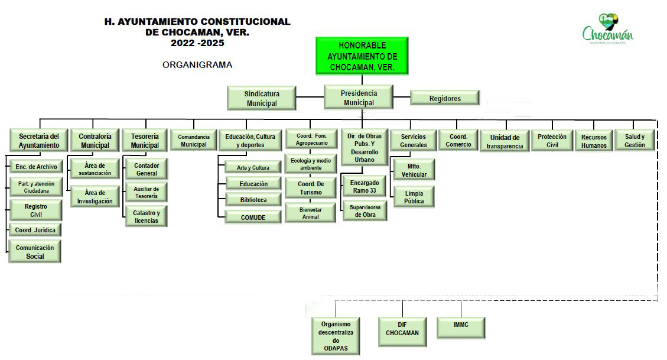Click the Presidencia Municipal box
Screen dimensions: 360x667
pos(359,98)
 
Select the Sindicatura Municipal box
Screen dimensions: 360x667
pos(262,98)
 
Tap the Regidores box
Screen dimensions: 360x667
pos(445,98)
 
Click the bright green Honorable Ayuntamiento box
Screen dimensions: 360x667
pos(362,56)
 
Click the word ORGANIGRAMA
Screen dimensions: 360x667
pos(197,65)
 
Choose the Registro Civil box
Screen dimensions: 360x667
pos(35,210)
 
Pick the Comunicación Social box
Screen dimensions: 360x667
pos(35,252)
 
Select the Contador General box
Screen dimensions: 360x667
pos(146,170)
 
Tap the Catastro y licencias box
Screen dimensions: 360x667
pos(146,217)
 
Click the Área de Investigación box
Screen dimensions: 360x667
pos(95,197)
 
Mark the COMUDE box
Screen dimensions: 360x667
pos(253,218)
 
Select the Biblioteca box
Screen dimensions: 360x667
pos(253,200)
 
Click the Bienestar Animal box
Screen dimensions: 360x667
pos(310,213)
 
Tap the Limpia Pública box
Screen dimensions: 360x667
pos(414,197)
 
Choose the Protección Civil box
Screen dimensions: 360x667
pos(552,141)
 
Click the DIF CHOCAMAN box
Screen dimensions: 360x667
pos(402,329)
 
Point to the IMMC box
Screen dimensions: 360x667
pos(461,325)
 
